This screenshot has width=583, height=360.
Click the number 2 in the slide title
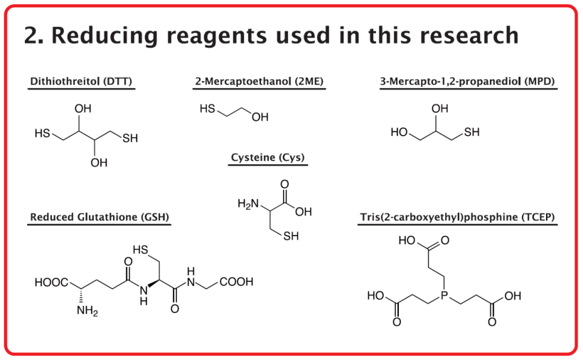click(x=31, y=34)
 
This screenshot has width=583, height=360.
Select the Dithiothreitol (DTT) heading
click(x=81, y=82)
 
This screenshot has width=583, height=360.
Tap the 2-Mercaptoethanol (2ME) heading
click(x=259, y=82)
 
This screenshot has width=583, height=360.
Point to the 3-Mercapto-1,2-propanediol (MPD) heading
click(x=468, y=82)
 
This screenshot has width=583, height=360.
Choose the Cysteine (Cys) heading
click(x=268, y=157)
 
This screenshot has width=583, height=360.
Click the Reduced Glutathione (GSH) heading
click(x=100, y=217)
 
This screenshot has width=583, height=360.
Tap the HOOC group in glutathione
click(x=50, y=282)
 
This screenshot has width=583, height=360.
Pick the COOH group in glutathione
click(x=237, y=282)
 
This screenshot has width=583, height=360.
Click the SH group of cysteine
click(x=291, y=237)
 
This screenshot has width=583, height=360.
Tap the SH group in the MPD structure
click(x=472, y=132)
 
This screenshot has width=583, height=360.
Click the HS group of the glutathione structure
click(x=140, y=249)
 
